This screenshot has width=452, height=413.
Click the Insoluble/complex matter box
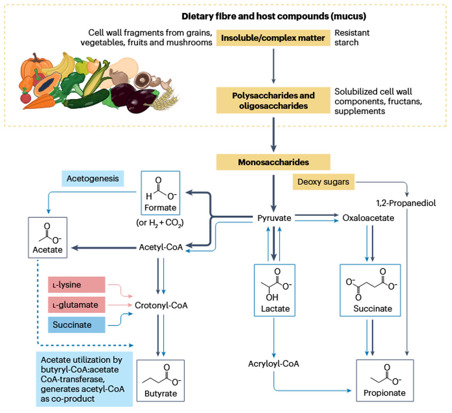[x=273, y=38]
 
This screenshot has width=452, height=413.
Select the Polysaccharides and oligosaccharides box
[x=273, y=100]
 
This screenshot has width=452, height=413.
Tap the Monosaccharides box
[x=273, y=162]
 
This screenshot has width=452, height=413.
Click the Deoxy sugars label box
[x=323, y=182]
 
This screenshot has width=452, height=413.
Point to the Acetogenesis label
[x=93, y=179]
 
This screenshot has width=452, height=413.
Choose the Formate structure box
[x=161, y=192]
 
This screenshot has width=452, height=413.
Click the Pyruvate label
[x=274, y=218]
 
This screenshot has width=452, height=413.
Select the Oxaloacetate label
[x=368, y=218]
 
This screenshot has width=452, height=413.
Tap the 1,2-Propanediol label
[x=406, y=203]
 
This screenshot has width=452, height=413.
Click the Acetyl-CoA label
[x=161, y=247]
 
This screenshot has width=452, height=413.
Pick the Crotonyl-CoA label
[x=161, y=306]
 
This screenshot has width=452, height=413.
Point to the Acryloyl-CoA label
[x=274, y=364]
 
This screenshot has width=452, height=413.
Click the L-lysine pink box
[x=77, y=285]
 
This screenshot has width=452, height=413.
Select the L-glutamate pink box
[x=77, y=305]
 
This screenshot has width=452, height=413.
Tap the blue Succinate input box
[x=77, y=325]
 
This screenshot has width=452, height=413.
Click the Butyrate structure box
[x=161, y=381]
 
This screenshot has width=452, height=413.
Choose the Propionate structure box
[x=385, y=380]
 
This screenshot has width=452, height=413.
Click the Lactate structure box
[x=275, y=290]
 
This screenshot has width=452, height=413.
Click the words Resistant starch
[x=352, y=38]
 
